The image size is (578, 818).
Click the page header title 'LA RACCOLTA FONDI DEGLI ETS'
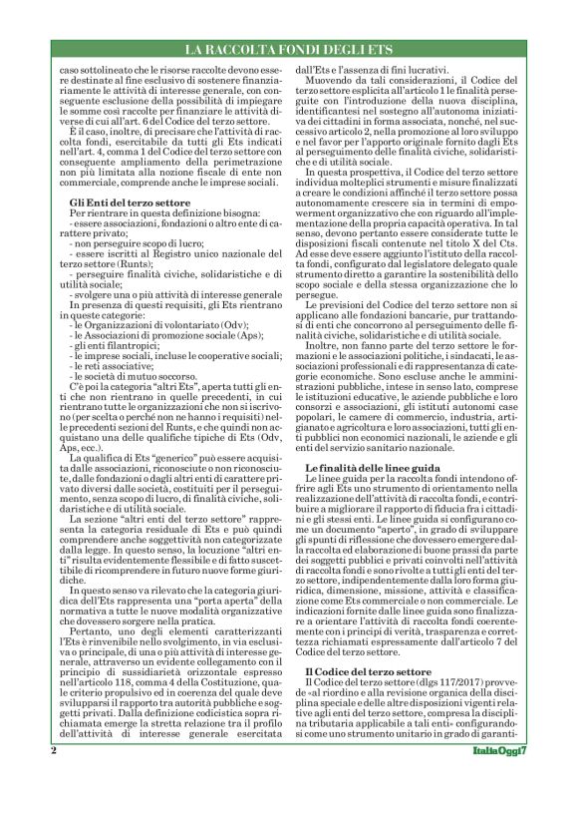[x=289, y=49]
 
